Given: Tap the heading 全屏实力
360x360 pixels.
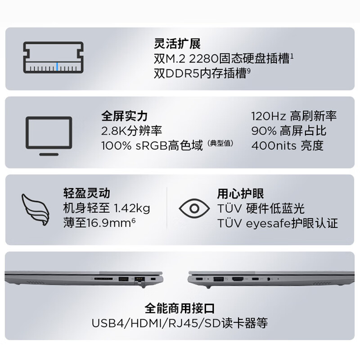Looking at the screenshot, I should point(124,116).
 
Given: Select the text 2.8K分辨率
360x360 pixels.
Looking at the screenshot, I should point(132,130).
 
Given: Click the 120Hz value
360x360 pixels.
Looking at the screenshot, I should point(269,116).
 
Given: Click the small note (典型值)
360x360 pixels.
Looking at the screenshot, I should point(220,144).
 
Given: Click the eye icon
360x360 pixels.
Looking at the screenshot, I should point(194,208).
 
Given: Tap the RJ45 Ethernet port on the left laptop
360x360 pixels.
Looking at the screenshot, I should point(139,279).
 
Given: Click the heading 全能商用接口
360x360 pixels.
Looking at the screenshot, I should point(180,308).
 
